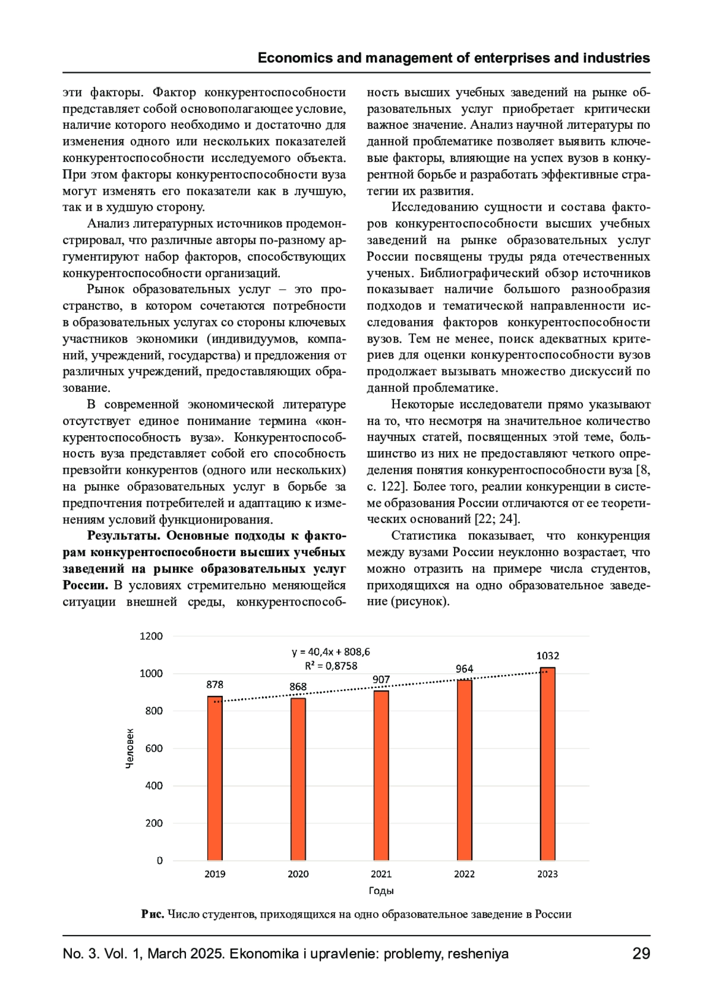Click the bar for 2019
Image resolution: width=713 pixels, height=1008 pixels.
(215, 778)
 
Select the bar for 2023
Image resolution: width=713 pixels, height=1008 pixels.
(547, 764)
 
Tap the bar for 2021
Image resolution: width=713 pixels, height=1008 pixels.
(381, 775)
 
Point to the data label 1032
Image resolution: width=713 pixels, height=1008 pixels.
(547, 656)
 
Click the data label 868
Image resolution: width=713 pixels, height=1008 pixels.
(298, 687)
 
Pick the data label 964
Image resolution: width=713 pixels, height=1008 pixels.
(464, 669)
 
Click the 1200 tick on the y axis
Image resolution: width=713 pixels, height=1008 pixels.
(151, 636)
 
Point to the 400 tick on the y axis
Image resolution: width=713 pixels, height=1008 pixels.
(154, 786)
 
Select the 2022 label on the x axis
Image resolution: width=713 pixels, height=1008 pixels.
(464, 874)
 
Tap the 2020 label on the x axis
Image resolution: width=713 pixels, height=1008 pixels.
(298, 874)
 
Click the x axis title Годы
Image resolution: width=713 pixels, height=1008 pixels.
(381, 891)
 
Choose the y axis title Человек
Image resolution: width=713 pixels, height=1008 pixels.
(130, 749)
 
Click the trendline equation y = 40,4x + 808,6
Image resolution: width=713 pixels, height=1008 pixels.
(331, 652)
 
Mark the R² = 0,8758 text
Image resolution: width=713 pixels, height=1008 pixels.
(331, 666)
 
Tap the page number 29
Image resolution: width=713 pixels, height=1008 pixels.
(641, 954)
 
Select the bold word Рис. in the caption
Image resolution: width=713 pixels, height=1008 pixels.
(153, 914)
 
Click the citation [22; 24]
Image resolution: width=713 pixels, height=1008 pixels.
(497, 519)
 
